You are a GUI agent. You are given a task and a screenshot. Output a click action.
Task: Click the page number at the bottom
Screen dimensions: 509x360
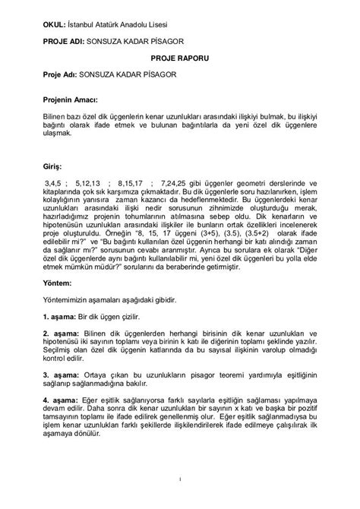(x=180, y=480)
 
